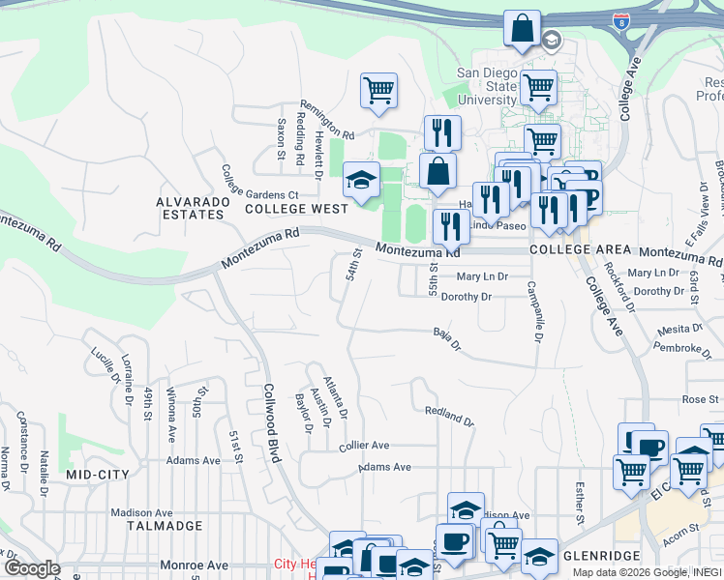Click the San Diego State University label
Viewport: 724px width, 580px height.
487,86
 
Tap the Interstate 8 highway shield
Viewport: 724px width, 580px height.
619,20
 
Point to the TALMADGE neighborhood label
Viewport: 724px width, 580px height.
165,526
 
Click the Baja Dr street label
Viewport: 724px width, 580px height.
446,338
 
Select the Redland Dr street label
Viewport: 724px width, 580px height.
449,417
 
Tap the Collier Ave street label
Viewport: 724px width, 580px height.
364,446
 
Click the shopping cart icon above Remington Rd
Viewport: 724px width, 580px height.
378,91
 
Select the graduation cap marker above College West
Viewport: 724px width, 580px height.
361,180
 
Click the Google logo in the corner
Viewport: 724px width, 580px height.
32,568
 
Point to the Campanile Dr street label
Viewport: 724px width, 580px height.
533,310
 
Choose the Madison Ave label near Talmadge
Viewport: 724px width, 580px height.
141,512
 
